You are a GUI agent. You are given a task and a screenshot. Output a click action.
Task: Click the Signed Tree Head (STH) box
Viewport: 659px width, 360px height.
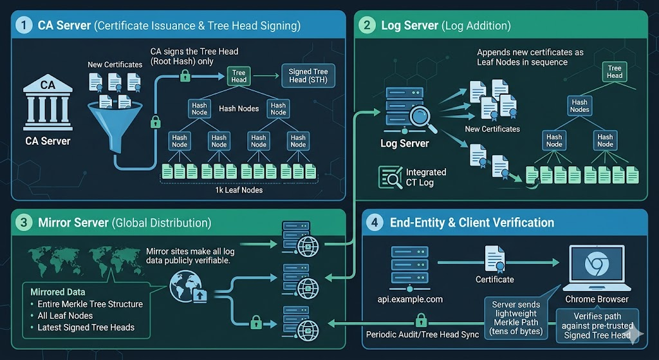(308, 76)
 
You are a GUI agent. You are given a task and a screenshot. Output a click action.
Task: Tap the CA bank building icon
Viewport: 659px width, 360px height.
(48, 102)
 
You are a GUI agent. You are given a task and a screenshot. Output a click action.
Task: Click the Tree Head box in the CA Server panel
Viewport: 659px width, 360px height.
(239, 76)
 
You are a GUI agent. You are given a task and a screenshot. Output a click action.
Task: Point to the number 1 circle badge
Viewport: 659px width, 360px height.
(24, 25)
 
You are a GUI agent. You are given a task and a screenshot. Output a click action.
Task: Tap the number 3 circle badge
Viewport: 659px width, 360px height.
(24, 222)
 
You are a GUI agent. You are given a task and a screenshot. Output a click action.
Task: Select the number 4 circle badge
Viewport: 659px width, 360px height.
(375, 222)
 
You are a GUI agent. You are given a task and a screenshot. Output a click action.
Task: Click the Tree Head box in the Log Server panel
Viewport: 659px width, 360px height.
(615, 72)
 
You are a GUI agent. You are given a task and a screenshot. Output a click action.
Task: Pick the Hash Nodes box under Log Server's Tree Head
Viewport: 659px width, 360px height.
(580, 106)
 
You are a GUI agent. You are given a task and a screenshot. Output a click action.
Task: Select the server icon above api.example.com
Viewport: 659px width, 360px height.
(410, 269)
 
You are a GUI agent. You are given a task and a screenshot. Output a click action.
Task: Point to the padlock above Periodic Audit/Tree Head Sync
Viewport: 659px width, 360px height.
(421, 320)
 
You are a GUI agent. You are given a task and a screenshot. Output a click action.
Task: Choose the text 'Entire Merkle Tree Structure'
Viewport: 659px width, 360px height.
(90, 304)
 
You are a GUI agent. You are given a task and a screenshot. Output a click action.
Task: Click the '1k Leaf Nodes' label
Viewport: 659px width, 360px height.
(239, 190)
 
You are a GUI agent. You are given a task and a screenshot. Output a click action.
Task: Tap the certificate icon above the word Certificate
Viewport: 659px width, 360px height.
(495, 259)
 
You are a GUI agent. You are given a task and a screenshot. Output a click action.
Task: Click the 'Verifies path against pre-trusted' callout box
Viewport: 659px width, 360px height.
(597, 325)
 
